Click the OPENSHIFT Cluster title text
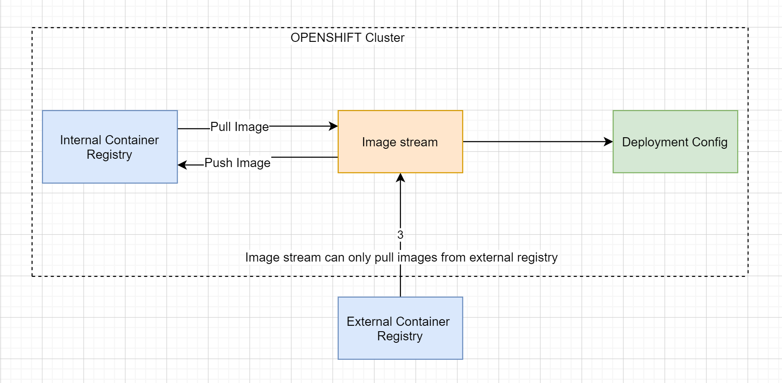[x=347, y=38]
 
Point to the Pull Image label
[x=239, y=127]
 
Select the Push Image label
[x=237, y=163]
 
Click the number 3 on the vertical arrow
[x=400, y=235]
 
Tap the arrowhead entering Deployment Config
[x=609, y=142]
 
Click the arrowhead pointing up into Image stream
[x=400, y=177]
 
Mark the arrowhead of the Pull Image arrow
[x=334, y=126]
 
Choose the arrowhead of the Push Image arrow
[x=182, y=165]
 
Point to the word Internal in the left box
[x=81, y=140]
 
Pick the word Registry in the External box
[x=400, y=336]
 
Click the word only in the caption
[x=360, y=257]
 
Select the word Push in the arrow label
[x=218, y=163]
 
